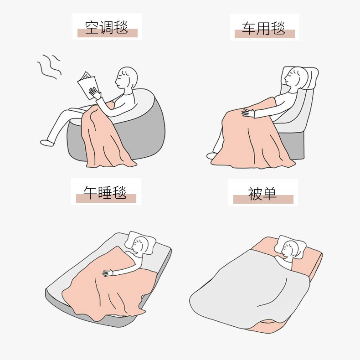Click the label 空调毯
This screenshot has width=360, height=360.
click(107, 27)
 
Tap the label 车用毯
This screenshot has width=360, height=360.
click(264, 29)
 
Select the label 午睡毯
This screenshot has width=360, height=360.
click(105, 193)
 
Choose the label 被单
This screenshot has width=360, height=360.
click(263, 194)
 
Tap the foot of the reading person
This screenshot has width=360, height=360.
click(47, 143)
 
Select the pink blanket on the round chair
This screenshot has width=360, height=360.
click(105, 137)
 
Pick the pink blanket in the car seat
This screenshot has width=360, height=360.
click(251, 137)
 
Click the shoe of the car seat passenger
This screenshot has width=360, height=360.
click(212, 156)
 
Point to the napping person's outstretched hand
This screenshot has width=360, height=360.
click(108, 273)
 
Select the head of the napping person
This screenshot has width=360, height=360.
click(139, 247)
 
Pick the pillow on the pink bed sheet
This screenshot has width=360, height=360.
click(292, 244)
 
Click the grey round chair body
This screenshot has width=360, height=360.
click(150, 132)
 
